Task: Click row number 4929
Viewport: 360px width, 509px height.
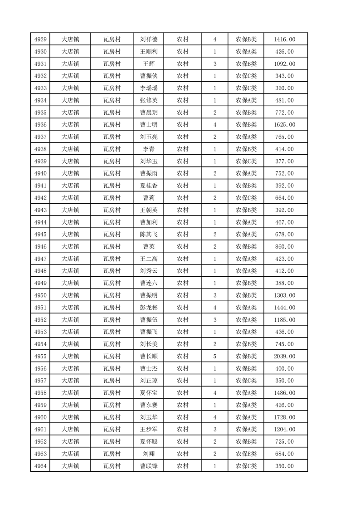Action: [40, 39]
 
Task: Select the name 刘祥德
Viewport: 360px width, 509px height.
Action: [149, 39]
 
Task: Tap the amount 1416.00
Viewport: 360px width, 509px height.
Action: [284, 39]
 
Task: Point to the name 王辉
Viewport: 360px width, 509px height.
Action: [149, 64]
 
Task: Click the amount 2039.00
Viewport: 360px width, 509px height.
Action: [284, 356]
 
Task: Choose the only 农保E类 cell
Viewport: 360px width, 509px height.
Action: [246, 454]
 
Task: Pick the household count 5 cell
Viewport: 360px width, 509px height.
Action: [214, 356]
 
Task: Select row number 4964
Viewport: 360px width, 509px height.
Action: [40, 466]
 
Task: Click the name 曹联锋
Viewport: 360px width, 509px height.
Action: [149, 466]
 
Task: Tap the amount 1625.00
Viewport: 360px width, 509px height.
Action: [284, 125]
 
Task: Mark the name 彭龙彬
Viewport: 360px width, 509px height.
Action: [149, 308]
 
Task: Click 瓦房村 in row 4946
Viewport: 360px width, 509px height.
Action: [112, 246]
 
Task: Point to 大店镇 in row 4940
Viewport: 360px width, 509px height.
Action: [70, 173]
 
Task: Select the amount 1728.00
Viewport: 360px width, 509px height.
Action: [284, 417]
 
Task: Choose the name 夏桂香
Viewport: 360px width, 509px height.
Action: [149, 186]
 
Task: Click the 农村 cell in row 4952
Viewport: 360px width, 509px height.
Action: [182, 320]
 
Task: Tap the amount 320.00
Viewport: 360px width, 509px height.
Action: [284, 88]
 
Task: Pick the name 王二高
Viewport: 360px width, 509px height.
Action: [149, 259]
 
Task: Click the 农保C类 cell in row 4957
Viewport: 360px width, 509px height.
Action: [246, 381]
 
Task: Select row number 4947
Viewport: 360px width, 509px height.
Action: [40, 259]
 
